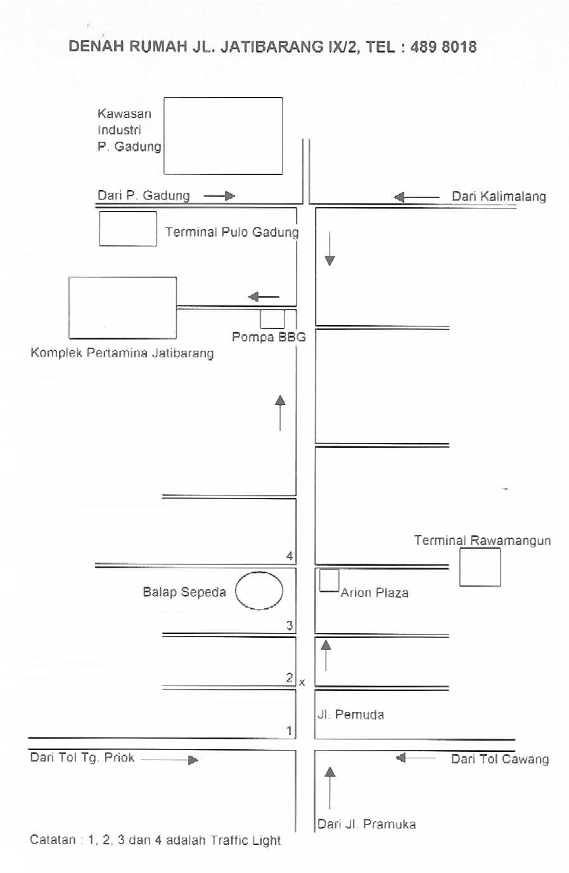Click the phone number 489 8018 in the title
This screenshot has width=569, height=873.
[x=444, y=47]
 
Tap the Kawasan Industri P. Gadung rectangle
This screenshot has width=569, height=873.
[x=223, y=98]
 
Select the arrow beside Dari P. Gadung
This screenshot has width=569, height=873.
[x=219, y=196]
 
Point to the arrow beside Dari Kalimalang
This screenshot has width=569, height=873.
[x=416, y=197]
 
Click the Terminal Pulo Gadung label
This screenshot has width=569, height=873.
[x=232, y=232]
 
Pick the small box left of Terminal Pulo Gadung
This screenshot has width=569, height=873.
[x=128, y=212]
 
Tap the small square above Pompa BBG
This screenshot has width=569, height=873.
[x=272, y=310]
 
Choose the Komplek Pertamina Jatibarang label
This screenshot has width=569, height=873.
[x=122, y=353]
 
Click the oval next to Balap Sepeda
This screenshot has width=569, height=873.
[x=259, y=572]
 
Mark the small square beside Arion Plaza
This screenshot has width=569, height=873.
[x=329, y=570]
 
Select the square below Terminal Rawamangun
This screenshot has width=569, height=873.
[x=480, y=549]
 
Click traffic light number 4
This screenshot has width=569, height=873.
[x=290, y=556]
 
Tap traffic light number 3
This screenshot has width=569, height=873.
[x=290, y=625]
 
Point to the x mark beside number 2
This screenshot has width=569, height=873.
[x=302, y=682]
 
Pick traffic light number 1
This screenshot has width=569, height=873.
[x=289, y=730]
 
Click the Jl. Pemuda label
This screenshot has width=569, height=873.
[x=351, y=715]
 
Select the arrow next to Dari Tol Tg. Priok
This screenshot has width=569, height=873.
[x=170, y=760]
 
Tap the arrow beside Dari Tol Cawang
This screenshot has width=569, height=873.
[x=416, y=758]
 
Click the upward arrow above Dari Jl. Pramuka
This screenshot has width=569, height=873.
[x=329, y=787]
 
